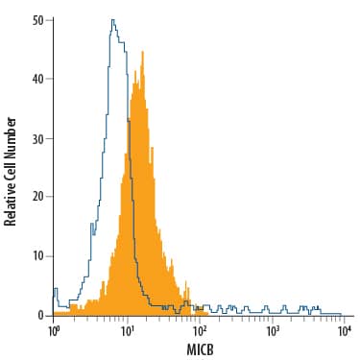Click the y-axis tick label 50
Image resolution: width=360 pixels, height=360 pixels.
[36, 18]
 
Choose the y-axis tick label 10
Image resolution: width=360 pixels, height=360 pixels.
[36, 256]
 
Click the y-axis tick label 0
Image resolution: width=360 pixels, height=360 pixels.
[39, 315]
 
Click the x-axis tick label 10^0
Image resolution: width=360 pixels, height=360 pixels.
[54, 330]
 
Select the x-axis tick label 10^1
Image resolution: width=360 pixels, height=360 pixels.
[127, 330]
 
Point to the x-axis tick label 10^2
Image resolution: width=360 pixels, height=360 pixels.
[200, 330]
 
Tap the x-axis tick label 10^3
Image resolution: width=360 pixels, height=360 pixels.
[273, 330]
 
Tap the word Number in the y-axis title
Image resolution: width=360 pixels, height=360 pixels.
[11, 118]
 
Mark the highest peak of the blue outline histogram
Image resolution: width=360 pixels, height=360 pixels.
[112, 19]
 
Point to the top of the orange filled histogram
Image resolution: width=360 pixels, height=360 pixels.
[141, 52]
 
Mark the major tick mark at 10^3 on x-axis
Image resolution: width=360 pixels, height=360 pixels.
[273, 318]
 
